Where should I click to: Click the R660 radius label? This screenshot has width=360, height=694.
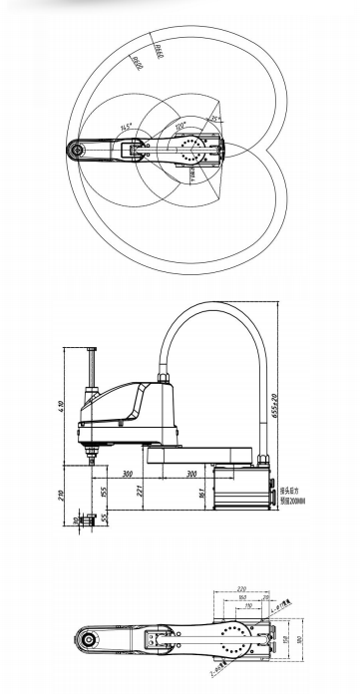pos(158,46)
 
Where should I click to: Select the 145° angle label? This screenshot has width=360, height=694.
pos(126,128)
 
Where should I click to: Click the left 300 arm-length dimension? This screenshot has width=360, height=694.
pos(128,475)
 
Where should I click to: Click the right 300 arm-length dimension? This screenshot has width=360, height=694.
pos(189,475)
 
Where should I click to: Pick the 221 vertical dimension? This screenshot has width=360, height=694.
pos(140,489)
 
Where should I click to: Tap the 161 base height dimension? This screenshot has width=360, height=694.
pos(201,493)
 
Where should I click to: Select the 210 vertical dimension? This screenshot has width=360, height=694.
pos(63,493)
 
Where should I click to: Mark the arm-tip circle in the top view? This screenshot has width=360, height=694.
pos(75,150)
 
